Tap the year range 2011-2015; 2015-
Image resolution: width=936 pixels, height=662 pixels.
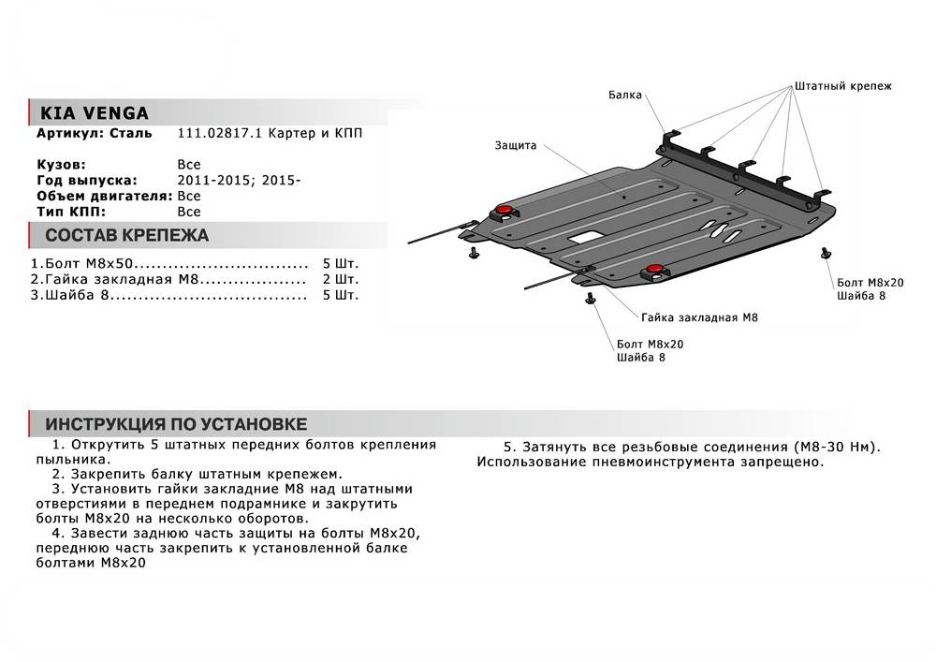click(239, 180)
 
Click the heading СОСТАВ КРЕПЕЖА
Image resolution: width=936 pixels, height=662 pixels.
click(126, 236)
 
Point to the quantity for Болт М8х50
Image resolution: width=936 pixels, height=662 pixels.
click(340, 264)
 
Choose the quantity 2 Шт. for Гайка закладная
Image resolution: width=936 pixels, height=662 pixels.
click(340, 279)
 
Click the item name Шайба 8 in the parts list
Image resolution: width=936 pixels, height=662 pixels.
click(75, 295)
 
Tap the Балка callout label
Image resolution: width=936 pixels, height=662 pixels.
click(624, 95)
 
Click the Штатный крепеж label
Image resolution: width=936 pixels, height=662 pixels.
click(843, 86)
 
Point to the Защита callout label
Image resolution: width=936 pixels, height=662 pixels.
click(516, 146)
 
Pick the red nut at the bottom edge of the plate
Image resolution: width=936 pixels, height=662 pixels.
click(652, 272)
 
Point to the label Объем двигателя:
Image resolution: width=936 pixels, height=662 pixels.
click(104, 196)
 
